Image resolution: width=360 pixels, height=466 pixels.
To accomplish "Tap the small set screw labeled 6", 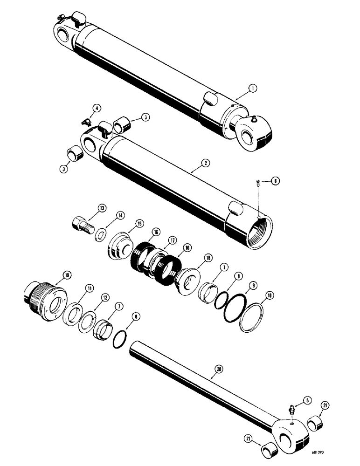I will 258,193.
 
